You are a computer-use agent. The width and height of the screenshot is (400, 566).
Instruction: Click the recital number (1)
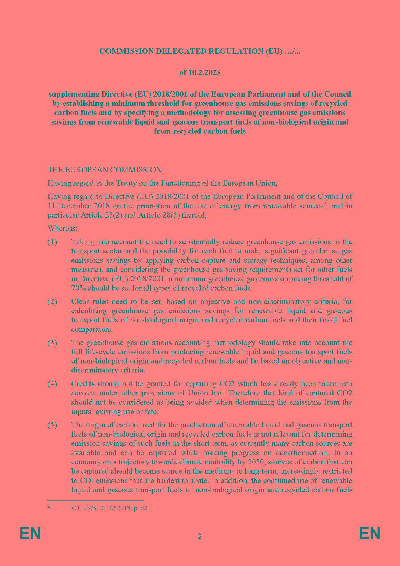coord(52,242)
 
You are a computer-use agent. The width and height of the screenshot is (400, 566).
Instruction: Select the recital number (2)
coord(52,302)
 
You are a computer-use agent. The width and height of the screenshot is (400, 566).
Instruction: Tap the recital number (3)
coord(52,343)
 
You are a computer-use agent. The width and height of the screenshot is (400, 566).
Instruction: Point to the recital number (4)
coord(52,384)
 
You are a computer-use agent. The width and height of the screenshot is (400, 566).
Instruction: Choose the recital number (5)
coord(52,425)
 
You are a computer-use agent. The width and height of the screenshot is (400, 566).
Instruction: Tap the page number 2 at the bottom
coord(200,537)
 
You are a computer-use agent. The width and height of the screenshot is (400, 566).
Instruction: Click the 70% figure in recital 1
coord(79,288)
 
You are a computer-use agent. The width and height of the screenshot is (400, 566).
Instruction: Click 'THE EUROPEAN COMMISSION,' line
coord(106,170)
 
